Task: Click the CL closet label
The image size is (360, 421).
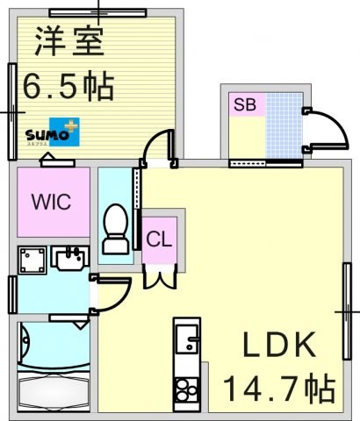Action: [x=160, y=239]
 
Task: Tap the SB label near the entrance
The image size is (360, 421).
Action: [x=244, y=105]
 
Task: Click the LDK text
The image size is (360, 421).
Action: [x=278, y=346]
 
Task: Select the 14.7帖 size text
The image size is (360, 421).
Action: [x=279, y=386]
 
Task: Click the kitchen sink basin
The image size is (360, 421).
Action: [x=186, y=338]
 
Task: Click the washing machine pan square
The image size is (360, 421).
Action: [x=33, y=261]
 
